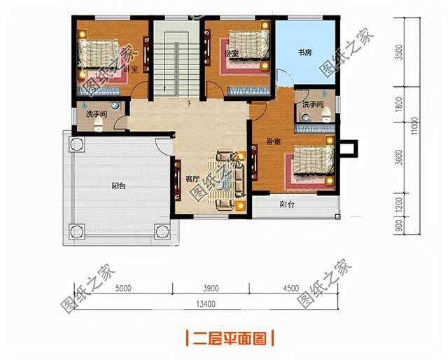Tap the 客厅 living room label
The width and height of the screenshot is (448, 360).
pos(192,179)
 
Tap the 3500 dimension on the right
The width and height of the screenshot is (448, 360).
pos(400,53)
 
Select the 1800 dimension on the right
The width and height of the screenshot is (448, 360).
pos(400,105)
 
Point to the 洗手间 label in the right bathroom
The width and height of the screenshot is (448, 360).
pos(312,104)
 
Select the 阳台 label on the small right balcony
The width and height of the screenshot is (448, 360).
pos(287,205)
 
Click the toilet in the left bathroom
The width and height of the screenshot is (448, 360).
pos(98,125)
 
